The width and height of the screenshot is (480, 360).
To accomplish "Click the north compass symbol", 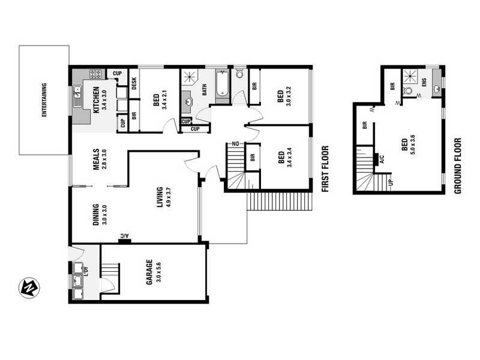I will coord(28,288).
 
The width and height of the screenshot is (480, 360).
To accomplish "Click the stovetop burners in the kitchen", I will coord(95,74).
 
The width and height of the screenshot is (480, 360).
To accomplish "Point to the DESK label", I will coord(134,83).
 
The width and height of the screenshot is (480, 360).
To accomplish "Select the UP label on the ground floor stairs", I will coord(391,181).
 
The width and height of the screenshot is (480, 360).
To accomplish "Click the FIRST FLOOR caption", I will coord(326,169).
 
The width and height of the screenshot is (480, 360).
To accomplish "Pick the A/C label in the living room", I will coord(124,236).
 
